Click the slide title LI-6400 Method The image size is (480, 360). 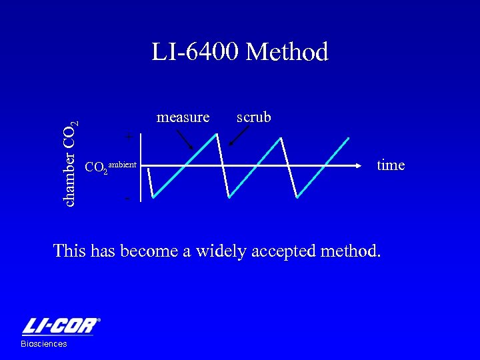point(240,52)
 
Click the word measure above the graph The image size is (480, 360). point(183,117)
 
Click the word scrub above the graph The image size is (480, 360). point(253,117)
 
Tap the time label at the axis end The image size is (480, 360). point(391,165)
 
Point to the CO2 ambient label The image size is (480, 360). point(111,166)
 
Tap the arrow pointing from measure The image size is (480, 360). point(184,138)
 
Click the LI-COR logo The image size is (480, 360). point(61,326)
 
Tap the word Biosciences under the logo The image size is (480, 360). point(44,344)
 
